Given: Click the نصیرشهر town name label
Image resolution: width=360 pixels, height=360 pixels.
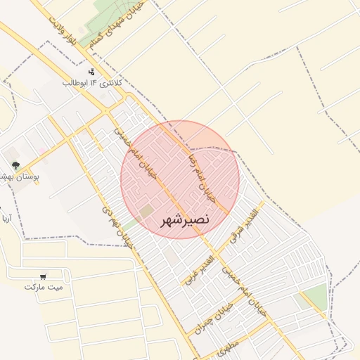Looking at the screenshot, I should click(x=186, y=220).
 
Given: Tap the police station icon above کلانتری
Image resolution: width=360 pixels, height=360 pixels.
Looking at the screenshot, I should click(x=91, y=72).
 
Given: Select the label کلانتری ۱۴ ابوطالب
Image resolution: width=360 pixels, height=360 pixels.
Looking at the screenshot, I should click(x=92, y=83).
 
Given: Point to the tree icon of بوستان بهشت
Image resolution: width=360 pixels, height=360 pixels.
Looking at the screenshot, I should click(x=15, y=165).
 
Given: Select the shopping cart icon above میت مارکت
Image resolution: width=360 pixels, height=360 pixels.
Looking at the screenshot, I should click(x=44, y=276).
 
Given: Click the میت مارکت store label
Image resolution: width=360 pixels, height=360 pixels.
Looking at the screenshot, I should click(x=44, y=287).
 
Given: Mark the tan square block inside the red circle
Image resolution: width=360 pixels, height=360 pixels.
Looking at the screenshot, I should click(x=146, y=210).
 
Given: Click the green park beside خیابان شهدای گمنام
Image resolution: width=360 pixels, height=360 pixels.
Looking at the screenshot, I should click(x=98, y=24).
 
